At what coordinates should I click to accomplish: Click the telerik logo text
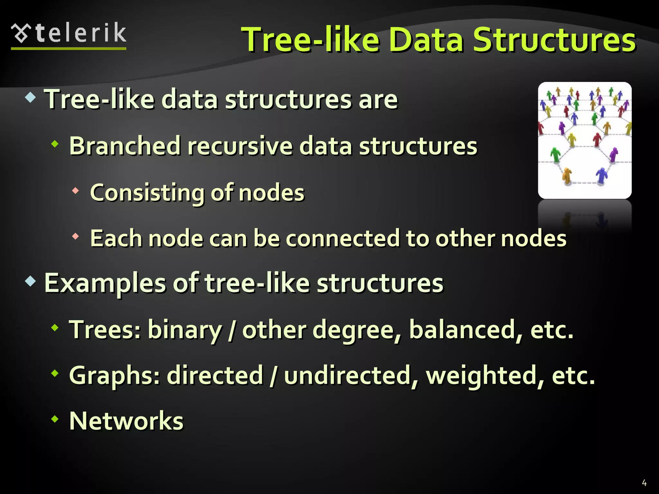[x=80, y=33]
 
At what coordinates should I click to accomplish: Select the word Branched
[x=125, y=146]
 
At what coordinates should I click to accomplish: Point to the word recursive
[x=240, y=146]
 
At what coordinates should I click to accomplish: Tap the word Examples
[x=105, y=283]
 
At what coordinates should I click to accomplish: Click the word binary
[x=185, y=330]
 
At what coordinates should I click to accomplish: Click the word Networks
[x=126, y=421]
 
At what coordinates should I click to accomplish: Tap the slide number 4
[x=644, y=483]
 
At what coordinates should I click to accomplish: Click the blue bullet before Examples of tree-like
[x=31, y=281]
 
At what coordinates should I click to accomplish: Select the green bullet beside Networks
[x=55, y=419]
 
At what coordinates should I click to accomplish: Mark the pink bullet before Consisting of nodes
[x=75, y=191]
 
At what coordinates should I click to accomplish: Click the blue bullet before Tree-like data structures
[x=31, y=97]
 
